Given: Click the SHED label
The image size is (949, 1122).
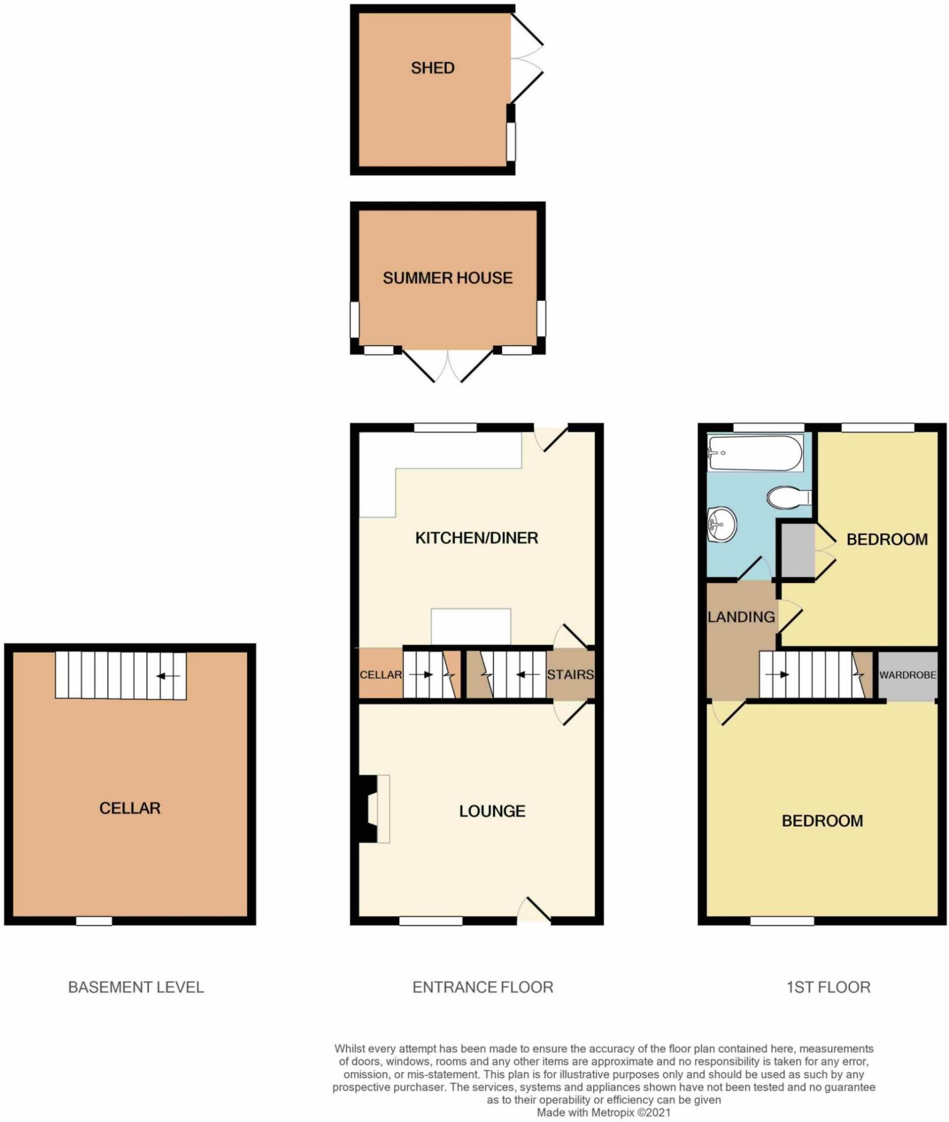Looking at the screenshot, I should pyautogui.click(x=432, y=68).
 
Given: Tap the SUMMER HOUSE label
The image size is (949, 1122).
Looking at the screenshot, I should pyautogui.click(x=447, y=278).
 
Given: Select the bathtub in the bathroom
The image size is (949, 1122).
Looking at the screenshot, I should pyautogui.click(x=754, y=453).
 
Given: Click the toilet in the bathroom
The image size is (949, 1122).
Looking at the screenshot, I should pyautogui.click(x=788, y=496).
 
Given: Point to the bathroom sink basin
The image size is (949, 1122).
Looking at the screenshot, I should pyautogui.click(x=722, y=524).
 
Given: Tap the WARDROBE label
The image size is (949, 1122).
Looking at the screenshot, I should pyautogui.click(x=907, y=675).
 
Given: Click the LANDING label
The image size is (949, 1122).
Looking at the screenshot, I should pyautogui.click(x=741, y=617).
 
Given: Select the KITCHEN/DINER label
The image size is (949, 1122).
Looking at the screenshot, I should pyautogui.click(x=476, y=537).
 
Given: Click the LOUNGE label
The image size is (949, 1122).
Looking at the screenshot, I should pyautogui.click(x=492, y=811).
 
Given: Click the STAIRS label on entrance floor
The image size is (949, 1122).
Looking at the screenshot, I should pyautogui.click(x=570, y=674).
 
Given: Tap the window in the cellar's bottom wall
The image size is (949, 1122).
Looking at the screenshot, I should pyautogui.click(x=94, y=921).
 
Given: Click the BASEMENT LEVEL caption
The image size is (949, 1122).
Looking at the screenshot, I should pyautogui.click(x=136, y=987).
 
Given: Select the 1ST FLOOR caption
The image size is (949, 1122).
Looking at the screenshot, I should pyautogui.click(x=828, y=987).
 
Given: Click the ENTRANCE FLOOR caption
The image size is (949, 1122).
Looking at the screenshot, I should pyautogui.click(x=482, y=987).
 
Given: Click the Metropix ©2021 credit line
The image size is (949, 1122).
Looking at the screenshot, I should pyautogui.click(x=603, y=1112).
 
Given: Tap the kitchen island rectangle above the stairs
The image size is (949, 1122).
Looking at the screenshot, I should pyautogui.click(x=471, y=627).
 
